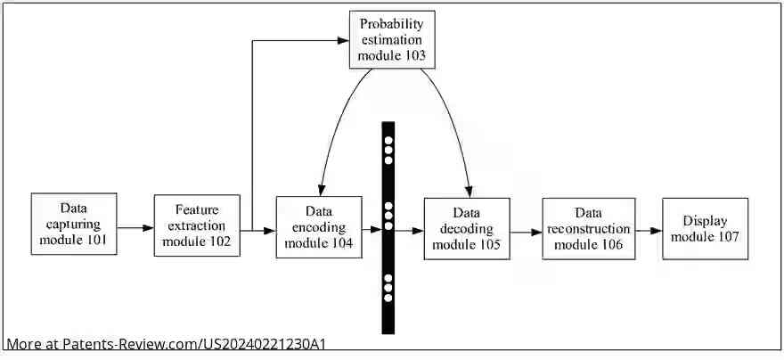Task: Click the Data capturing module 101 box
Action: coord(74,224)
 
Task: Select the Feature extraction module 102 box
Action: coord(197,225)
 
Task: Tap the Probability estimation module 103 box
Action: coord(392,39)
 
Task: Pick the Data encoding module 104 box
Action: coord(319,227)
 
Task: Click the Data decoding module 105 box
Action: coord(467,228)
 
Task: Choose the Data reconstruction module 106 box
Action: coord(588,228)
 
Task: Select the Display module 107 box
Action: coord(705,228)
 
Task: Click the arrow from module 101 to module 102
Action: coord(135,228)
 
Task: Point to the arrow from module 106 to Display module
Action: coord(648,229)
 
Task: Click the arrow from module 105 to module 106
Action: coord(526,232)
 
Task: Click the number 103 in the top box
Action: coord(411,55)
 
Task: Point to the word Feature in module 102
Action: coord(197,209)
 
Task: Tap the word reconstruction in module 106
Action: coord(588,228)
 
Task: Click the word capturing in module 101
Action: coord(74,224)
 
